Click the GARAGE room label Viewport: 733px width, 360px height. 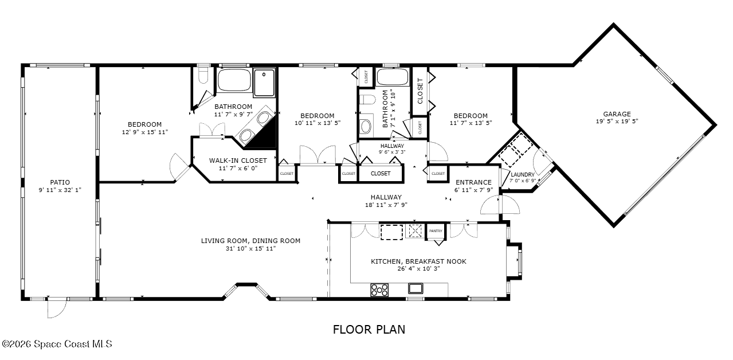[x=617, y=114]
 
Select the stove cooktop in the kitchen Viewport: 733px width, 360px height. [x=379, y=290]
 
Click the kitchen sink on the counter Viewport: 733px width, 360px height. [x=416, y=288]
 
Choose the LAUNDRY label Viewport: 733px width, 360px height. [x=522, y=175]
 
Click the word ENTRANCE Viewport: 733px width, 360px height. [x=473, y=182]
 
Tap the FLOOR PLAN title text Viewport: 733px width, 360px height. [x=369, y=330]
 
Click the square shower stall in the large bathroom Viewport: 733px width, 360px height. [x=264, y=81]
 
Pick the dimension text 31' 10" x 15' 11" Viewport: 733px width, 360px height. [x=250, y=248]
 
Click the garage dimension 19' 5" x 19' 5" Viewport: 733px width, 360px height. [x=617, y=122]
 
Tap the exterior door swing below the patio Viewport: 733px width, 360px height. [x=56, y=310]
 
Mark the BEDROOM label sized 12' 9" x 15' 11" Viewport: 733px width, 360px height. [x=144, y=124]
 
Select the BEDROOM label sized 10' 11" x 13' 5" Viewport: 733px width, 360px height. [x=316, y=116]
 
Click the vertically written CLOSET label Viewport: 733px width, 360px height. [x=420, y=91]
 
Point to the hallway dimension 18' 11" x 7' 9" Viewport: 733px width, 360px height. [x=386, y=205]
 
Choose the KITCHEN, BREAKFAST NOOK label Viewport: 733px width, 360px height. [x=418, y=261]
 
